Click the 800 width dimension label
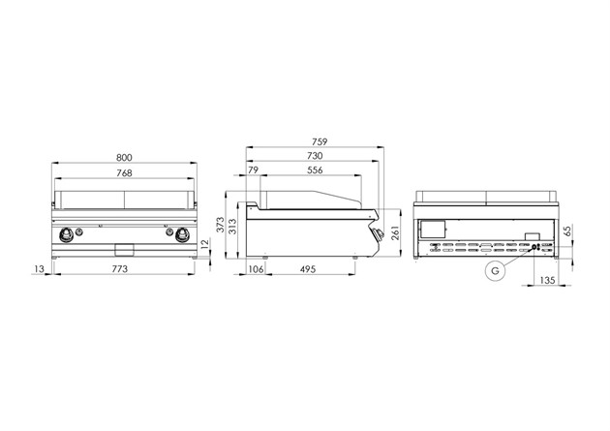(x=124, y=158)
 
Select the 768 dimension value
(x=124, y=173)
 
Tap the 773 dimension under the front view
(x=120, y=269)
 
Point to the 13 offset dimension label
(x=40, y=269)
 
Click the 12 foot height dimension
(x=204, y=244)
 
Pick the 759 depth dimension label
(x=320, y=142)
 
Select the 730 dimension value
(x=315, y=156)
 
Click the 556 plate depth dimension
(x=315, y=170)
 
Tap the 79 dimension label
(x=253, y=170)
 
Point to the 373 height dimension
(x=221, y=225)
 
